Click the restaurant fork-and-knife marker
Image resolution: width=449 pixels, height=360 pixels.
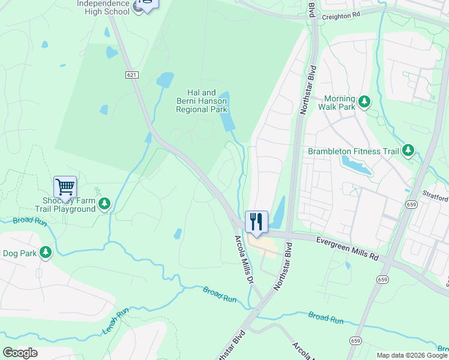pyautogui.click(x=256, y=221)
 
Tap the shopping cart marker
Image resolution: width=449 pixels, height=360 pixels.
pyautogui.click(x=65, y=186)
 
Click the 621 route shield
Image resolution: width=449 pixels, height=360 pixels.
pyautogui.click(x=132, y=74)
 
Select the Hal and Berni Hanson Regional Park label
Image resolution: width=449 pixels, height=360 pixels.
pyautogui.click(x=201, y=101)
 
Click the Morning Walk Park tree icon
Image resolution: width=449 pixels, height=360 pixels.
pyautogui.click(x=364, y=103)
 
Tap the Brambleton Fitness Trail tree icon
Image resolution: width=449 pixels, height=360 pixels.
pyautogui.click(x=408, y=150)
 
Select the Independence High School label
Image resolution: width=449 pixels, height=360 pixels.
pyautogui.click(x=103, y=7)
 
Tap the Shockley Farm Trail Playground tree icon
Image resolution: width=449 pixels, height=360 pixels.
pyautogui.click(x=105, y=205)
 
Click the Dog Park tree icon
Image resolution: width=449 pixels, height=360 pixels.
pyautogui.click(x=46, y=253)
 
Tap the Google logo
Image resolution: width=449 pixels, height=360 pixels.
pyautogui.click(x=20, y=353)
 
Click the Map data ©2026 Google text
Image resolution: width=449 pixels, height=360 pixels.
pyautogui.click(x=412, y=355)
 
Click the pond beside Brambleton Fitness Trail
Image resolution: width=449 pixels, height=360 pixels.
pyautogui.click(x=355, y=166)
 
